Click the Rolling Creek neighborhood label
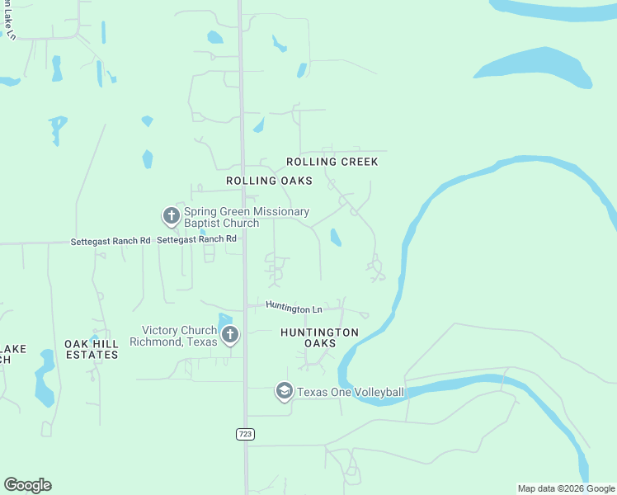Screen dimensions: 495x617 point(332,162)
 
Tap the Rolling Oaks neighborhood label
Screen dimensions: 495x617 point(269,180)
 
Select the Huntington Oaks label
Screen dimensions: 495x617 point(319,337)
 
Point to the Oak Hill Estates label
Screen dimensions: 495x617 point(92,348)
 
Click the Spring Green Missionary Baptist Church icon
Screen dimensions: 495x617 point(171,217)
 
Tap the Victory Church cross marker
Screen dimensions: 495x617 point(230,335)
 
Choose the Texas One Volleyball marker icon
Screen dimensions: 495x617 point(285,391)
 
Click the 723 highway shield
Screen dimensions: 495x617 point(245,434)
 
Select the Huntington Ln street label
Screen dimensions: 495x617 point(294,307)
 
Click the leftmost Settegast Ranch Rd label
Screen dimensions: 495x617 point(111,241)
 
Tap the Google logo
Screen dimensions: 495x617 point(27,485)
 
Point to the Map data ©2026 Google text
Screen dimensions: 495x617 point(566,488)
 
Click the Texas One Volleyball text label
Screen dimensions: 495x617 point(351,392)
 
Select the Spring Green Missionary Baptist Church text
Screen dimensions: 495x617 point(246,217)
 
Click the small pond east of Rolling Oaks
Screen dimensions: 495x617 point(336,238)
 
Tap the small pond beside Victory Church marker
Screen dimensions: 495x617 point(225,318)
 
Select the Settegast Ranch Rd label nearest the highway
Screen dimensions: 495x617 point(196,239)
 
